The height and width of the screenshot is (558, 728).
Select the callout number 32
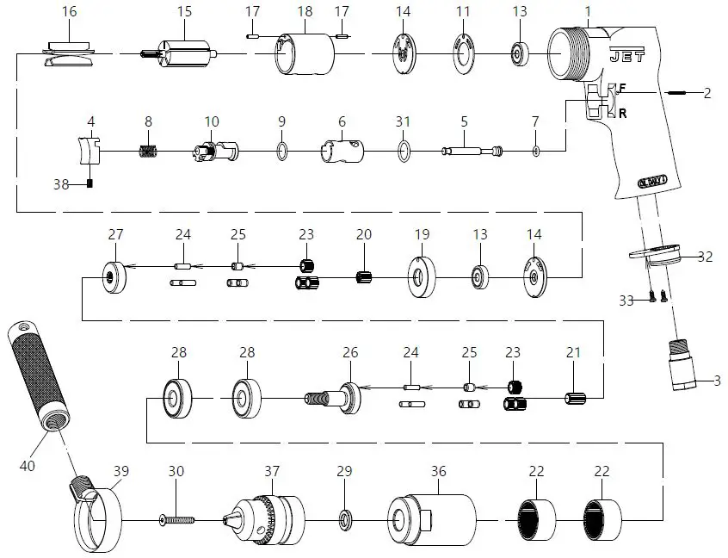click(x=706, y=257)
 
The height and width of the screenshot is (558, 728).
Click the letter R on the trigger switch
click(x=622, y=112)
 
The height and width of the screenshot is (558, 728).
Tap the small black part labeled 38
click(x=89, y=183)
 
